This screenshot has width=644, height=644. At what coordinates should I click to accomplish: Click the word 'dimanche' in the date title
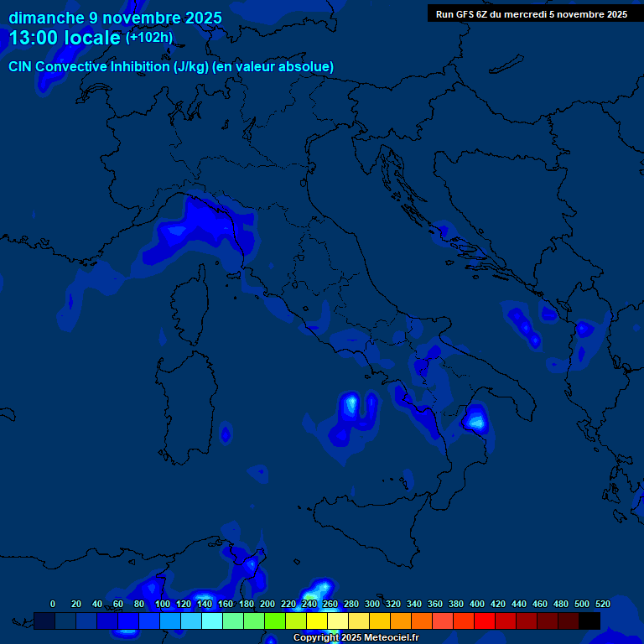coord(46,18)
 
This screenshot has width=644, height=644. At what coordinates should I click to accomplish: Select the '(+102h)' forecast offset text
coord(149,38)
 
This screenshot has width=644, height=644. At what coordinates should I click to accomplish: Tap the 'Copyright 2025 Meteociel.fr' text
coord(356,637)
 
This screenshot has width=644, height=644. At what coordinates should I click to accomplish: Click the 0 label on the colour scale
coord(53,604)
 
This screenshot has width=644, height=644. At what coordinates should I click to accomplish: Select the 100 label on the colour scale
coord(163,604)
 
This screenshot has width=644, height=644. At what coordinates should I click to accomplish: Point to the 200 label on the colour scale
coord(267,604)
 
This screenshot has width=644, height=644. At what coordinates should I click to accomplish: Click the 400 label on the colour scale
coord(477,604)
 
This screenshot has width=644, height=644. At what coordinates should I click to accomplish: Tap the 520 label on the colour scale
coord(602,604)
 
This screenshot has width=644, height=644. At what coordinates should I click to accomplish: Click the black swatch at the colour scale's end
coord(589,621)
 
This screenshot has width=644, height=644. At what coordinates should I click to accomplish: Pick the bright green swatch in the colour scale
coord(275,621)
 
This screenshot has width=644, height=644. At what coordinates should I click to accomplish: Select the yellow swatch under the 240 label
coord(317,621)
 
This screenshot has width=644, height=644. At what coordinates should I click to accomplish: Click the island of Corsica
coord(190,302)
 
